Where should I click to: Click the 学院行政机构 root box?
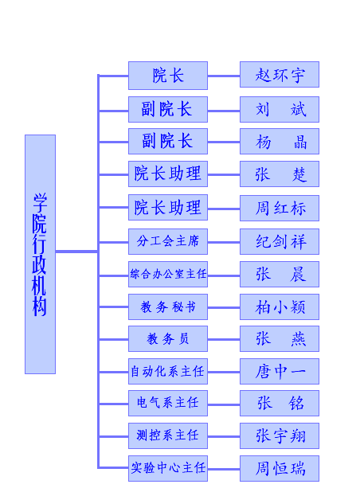[40, 254]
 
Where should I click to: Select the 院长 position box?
[168, 76]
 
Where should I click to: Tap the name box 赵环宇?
[280, 74]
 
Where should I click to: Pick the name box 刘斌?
[280, 110]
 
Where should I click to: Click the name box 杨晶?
[280, 141]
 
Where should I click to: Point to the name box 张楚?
[280, 174]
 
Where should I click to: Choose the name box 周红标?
[280, 208]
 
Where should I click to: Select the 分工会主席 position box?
[168, 241]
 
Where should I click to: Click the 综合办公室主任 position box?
[168, 274]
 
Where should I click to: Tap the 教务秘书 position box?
[168, 307]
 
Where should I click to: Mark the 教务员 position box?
[168, 338]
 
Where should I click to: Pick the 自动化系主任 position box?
[168, 371]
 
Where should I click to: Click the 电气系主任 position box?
[168, 403]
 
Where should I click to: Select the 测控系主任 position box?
[168, 435]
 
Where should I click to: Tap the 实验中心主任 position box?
[168, 468]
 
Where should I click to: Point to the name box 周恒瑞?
[280, 468]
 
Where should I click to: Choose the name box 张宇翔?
[280, 435]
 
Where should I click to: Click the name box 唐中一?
[280, 371]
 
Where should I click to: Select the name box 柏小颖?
[280, 307]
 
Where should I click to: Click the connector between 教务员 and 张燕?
[224, 339]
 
